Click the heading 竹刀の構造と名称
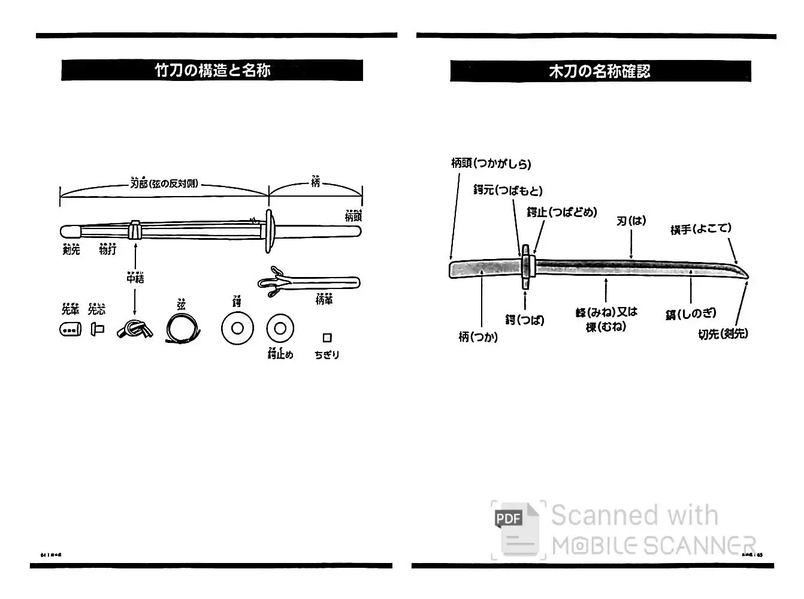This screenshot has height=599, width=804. [x=212, y=70]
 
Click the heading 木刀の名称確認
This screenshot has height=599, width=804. [x=600, y=71]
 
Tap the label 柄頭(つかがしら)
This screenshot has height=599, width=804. [x=491, y=163]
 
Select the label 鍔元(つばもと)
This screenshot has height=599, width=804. [x=507, y=190]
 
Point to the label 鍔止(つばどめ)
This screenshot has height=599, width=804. [x=561, y=212]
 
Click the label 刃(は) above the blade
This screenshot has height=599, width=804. [x=631, y=221]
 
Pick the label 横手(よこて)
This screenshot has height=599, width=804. [x=700, y=228]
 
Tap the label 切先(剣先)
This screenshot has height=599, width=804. [x=723, y=334]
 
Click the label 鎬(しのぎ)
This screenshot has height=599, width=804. [x=690, y=313]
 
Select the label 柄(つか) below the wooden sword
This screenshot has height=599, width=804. [x=477, y=337]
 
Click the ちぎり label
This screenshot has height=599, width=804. [x=327, y=355]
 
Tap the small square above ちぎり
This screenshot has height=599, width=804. [x=327, y=338]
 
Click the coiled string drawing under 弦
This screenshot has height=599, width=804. [x=183, y=329]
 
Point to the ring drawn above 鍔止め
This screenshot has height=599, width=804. [x=280, y=328]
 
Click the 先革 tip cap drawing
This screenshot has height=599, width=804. [x=70, y=329]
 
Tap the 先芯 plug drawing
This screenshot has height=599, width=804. [x=97, y=329]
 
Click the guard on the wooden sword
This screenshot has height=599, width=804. [x=525, y=267]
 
